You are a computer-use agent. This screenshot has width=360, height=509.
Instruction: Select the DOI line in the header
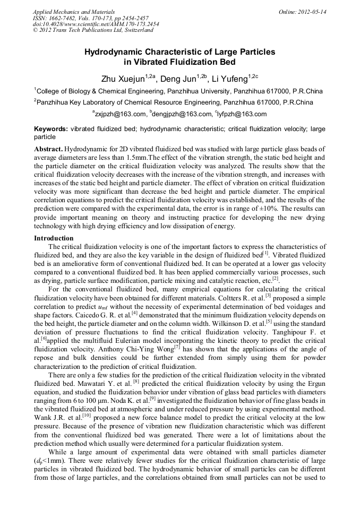96,24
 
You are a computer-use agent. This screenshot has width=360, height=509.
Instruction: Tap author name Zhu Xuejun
121,80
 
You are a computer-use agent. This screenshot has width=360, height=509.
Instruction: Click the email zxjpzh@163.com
121,114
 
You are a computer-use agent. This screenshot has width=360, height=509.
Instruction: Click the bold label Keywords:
50,129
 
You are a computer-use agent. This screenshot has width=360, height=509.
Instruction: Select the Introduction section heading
54,238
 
